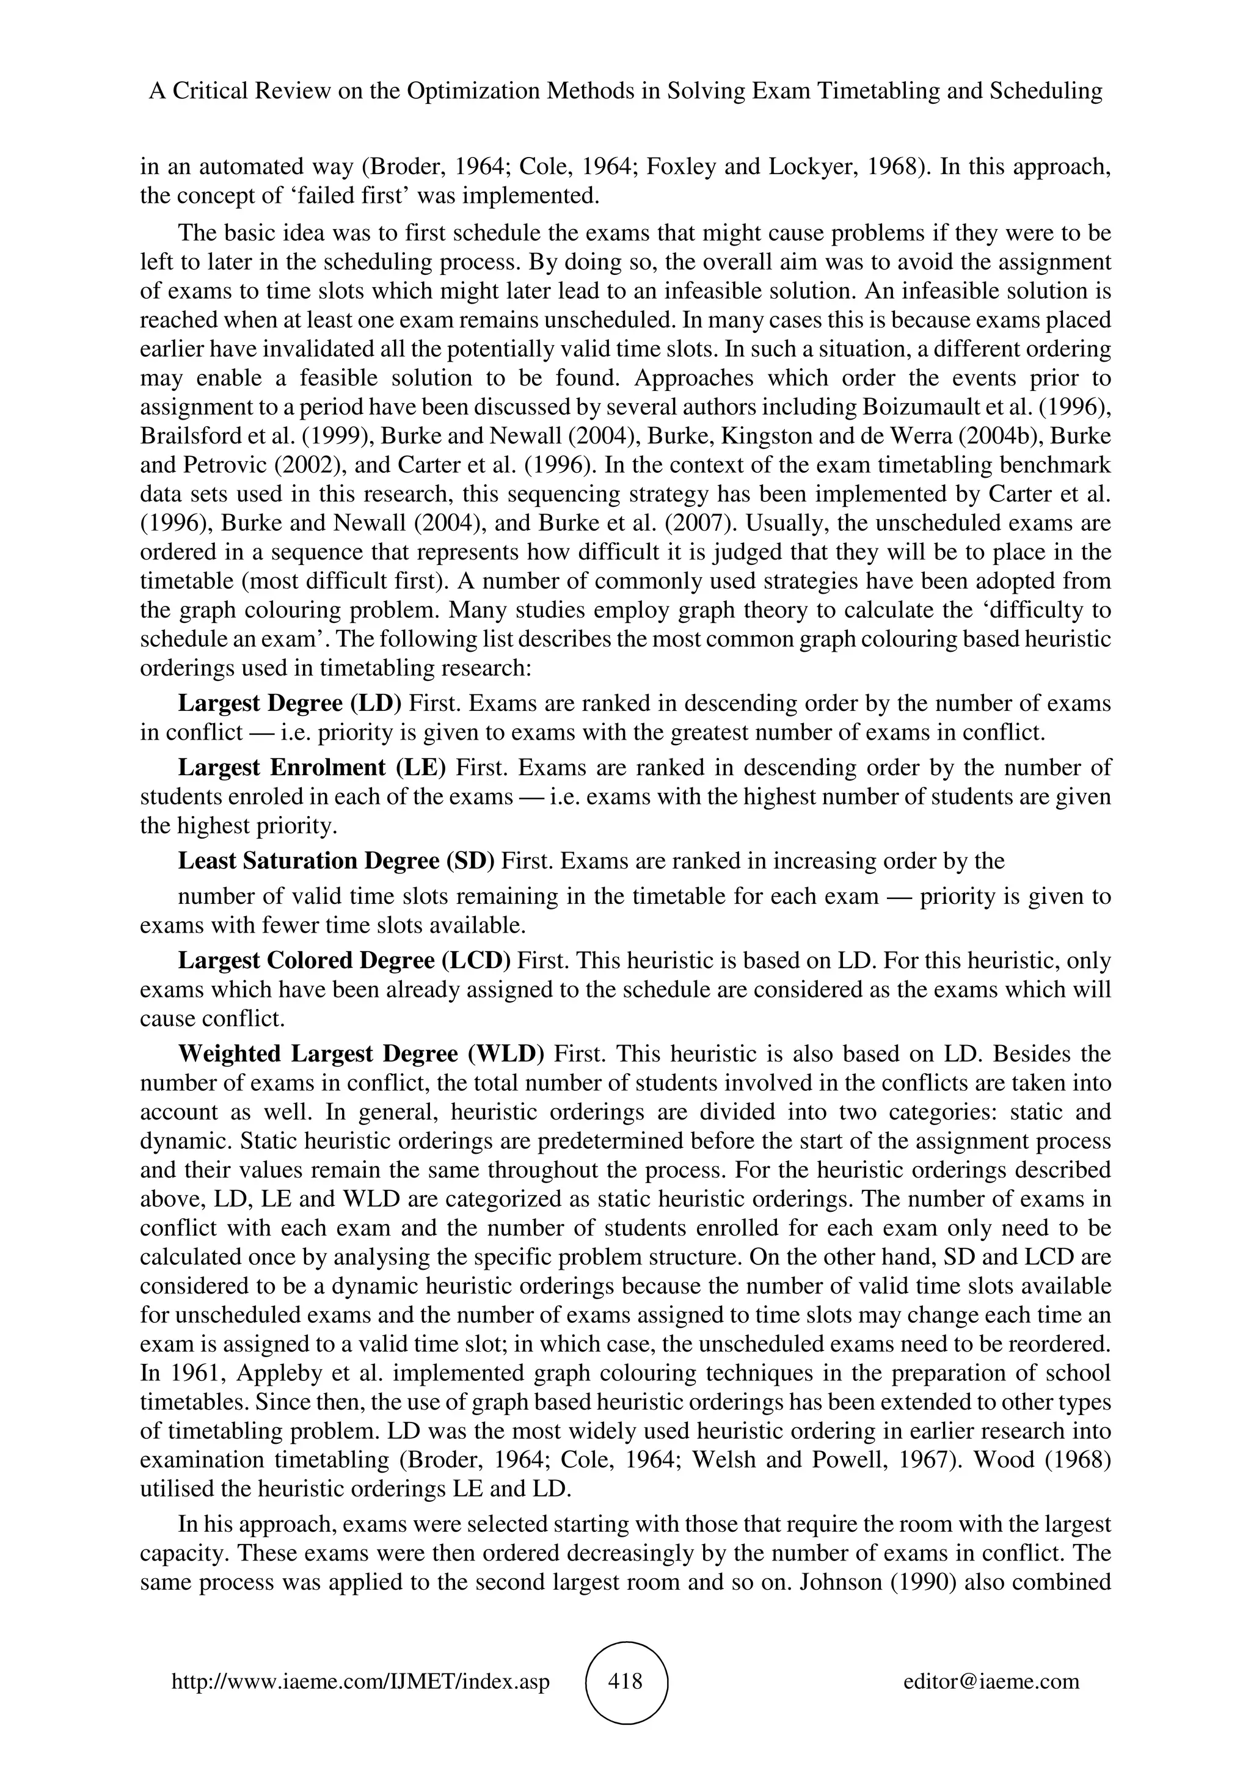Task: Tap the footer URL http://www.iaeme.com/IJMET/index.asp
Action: pos(360,1682)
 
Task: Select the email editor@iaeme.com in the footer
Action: pos(991,1682)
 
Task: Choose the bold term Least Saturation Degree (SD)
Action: pos(336,861)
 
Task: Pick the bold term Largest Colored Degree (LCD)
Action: pos(345,961)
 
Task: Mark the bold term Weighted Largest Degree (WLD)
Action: pos(362,1054)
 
